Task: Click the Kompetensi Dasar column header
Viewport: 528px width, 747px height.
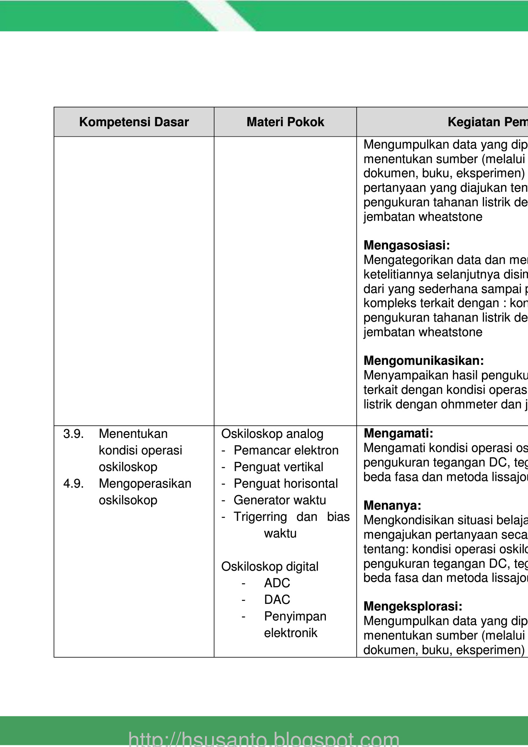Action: tap(134, 122)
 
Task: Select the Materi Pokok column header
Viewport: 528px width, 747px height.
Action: tap(285, 122)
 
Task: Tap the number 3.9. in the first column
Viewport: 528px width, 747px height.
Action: tap(73, 434)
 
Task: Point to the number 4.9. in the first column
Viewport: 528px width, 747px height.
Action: tap(73, 484)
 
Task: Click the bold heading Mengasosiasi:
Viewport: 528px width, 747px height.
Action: tap(406, 245)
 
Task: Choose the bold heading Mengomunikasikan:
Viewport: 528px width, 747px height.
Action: tap(423, 361)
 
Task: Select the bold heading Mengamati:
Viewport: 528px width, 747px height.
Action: tap(398, 434)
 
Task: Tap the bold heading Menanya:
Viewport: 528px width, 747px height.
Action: tap(392, 505)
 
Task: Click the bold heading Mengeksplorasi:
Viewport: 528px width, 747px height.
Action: tap(413, 606)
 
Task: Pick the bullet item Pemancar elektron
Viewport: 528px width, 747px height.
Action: tap(286, 451)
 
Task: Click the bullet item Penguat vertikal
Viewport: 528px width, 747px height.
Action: tap(278, 467)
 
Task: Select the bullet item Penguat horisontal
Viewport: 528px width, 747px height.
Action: tap(286, 484)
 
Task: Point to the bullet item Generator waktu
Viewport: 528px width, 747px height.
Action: tap(280, 500)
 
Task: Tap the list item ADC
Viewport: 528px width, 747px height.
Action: tap(277, 583)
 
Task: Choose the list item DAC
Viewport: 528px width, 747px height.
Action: tap(277, 600)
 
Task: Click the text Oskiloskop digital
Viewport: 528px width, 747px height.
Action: tap(270, 567)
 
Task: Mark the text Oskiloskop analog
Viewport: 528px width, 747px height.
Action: tap(272, 434)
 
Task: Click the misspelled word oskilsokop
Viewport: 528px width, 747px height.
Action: tap(128, 500)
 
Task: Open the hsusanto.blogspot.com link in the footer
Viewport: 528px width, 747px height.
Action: tap(264, 739)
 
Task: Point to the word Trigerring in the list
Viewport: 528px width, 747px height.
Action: tap(260, 517)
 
